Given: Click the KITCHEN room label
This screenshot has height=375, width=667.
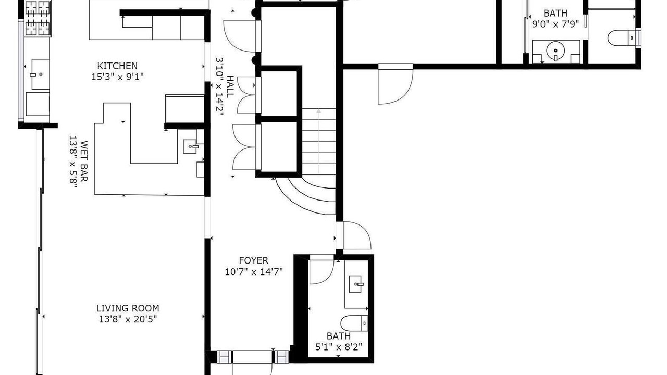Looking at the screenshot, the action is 117,66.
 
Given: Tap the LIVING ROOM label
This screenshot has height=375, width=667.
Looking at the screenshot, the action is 128,308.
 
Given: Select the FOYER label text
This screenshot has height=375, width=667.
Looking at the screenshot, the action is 254,261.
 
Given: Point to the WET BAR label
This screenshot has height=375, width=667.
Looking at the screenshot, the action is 84,161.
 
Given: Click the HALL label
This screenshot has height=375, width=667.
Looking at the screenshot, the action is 230,86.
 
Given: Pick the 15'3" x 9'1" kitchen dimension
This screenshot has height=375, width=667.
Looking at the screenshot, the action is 117,77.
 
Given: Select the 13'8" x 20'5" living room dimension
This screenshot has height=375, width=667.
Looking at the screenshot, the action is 128,319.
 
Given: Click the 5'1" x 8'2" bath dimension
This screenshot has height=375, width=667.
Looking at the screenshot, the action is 339,347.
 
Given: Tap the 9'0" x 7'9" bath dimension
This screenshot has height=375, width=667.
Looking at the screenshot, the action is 555,24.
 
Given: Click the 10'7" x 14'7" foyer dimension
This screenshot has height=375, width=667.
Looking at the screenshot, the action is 254,272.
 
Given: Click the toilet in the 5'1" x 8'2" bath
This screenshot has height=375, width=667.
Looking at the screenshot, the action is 354,323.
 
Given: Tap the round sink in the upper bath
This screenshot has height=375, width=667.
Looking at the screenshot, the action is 555,51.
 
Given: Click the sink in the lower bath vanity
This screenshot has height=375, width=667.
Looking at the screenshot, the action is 356,284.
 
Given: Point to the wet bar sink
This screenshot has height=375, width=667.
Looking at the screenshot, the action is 191,146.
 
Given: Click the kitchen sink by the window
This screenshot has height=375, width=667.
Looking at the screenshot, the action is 40,74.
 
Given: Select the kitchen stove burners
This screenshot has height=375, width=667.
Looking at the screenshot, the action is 37,18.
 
